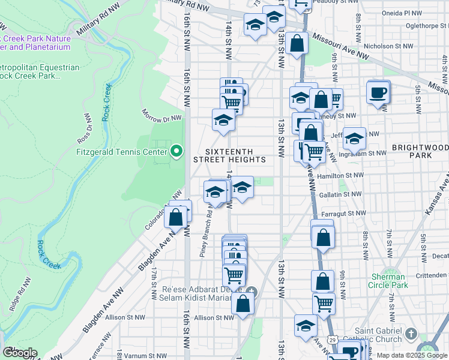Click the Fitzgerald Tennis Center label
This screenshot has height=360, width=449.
(121, 152)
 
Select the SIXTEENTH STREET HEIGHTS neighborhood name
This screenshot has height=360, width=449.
(229, 155)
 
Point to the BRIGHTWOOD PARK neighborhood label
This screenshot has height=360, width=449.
(420, 151)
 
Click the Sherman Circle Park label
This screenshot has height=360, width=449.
(388, 281)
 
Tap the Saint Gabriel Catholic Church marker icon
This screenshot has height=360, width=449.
(411, 333)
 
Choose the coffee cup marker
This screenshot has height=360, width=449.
(378, 92)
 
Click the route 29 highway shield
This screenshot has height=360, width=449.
(331, 340)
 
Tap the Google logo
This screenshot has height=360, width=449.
(19, 353)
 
